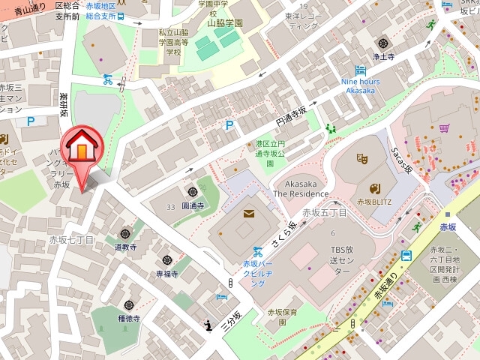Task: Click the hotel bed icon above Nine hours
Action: (x=361, y=70)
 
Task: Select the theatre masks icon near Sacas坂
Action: (x=361, y=158)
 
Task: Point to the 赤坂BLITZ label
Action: (x=375, y=202)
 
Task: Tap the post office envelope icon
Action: (x=247, y=214)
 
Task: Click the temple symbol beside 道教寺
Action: (x=124, y=233)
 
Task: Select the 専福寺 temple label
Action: (x=166, y=274)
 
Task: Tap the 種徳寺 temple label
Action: (x=129, y=318)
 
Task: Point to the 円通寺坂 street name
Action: (x=290, y=116)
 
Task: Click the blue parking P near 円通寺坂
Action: (x=229, y=125)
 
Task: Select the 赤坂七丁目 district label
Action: (x=72, y=240)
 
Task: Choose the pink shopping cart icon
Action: (x=445, y=128)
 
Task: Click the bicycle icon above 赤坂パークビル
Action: (x=257, y=252)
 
